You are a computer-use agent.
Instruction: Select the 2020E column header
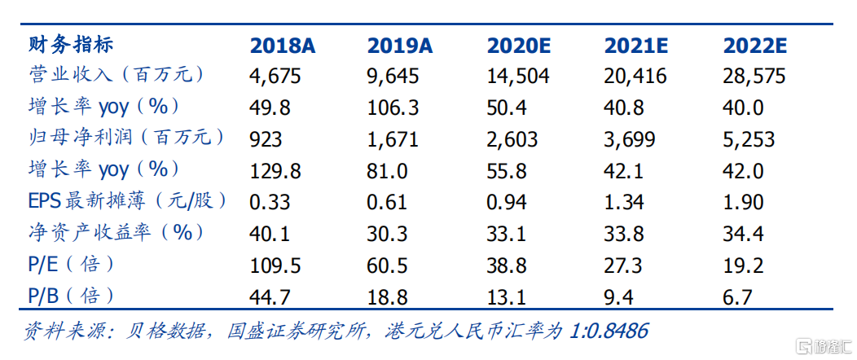(518, 46)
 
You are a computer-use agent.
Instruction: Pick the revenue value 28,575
(754, 77)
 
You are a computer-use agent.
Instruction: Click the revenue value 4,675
(275, 77)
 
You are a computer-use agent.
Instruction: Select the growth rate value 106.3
(393, 108)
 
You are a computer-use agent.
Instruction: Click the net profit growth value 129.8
(275, 170)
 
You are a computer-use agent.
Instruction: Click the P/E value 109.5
(275, 265)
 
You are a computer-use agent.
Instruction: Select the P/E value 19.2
(742, 265)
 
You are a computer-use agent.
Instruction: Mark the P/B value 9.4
(619, 296)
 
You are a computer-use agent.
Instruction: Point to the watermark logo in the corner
(823, 346)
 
